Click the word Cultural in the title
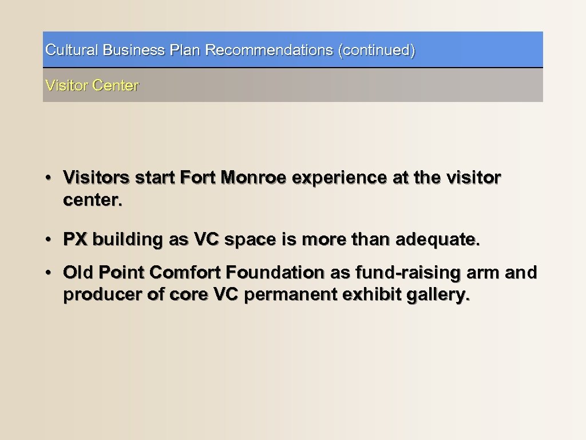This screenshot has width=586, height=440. [x=72, y=50]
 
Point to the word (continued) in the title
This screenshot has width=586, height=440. [x=377, y=50]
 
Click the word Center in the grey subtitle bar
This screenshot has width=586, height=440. [x=115, y=86]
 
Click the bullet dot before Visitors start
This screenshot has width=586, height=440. [x=51, y=178]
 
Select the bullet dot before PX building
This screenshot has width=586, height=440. [x=51, y=240]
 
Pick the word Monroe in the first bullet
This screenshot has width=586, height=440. [x=256, y=178]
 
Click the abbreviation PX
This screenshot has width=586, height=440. [x=76, y=240]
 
